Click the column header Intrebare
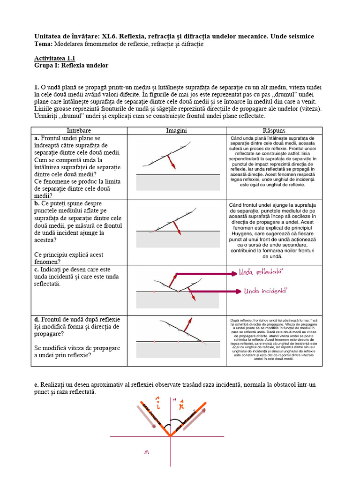pyautogui.click(x=79, y=130)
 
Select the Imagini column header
pyautogui.click(x=176, y=130)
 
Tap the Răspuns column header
pyautogui.click(x=274, y=130)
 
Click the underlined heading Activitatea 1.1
pyautogui.click(x=55, y=59)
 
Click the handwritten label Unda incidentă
pyautogui.click(x=265, y=291)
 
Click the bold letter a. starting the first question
pyautogui.click(x=37, y=139)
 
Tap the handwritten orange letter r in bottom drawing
pyautogui.click(x=183, y=403)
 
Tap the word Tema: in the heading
pyautogui.click(x=44, y=44)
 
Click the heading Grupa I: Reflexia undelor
pyautogui.click(x=71, y=66)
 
